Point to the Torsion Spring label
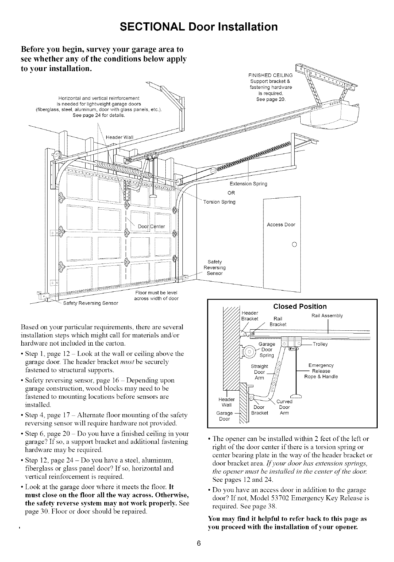pyautogui.click(x=219, y=202)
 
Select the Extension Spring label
pyautogui.click(x=248, y=184)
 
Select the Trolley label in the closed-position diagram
pyautogui.click(x=321, y=344)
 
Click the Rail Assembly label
pyautogui.click(x=327, y=316)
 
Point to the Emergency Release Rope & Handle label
pyautogui.click(x=321, y=371)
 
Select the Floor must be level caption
pyautogui.click(x=156, y=292)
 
